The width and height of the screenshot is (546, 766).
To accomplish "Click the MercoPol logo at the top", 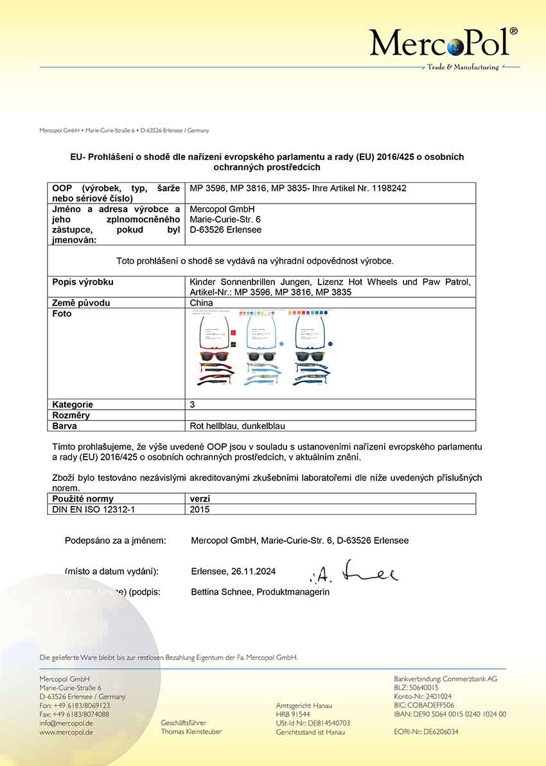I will (x=443, y=44).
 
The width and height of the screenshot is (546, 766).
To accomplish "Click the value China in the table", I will (x=202, y=303).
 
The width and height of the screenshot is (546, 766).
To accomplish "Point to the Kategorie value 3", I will (x=193, y=405).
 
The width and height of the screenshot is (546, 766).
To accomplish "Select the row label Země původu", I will (x=80, y=303).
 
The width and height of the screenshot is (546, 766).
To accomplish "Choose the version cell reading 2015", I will (x=200, y=509).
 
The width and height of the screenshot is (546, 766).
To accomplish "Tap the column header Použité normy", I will (x=83, y=499).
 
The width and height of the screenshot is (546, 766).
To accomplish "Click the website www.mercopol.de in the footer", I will (x=66, y=732).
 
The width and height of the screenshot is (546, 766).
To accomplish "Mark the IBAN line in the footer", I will (x=450, y=714).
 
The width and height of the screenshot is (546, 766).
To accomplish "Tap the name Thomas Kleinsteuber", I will (x=191, y=732).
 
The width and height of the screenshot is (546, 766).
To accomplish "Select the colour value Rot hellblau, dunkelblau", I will (x=238, y=426).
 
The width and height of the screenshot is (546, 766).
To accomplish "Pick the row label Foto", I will (x=62, y=314).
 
